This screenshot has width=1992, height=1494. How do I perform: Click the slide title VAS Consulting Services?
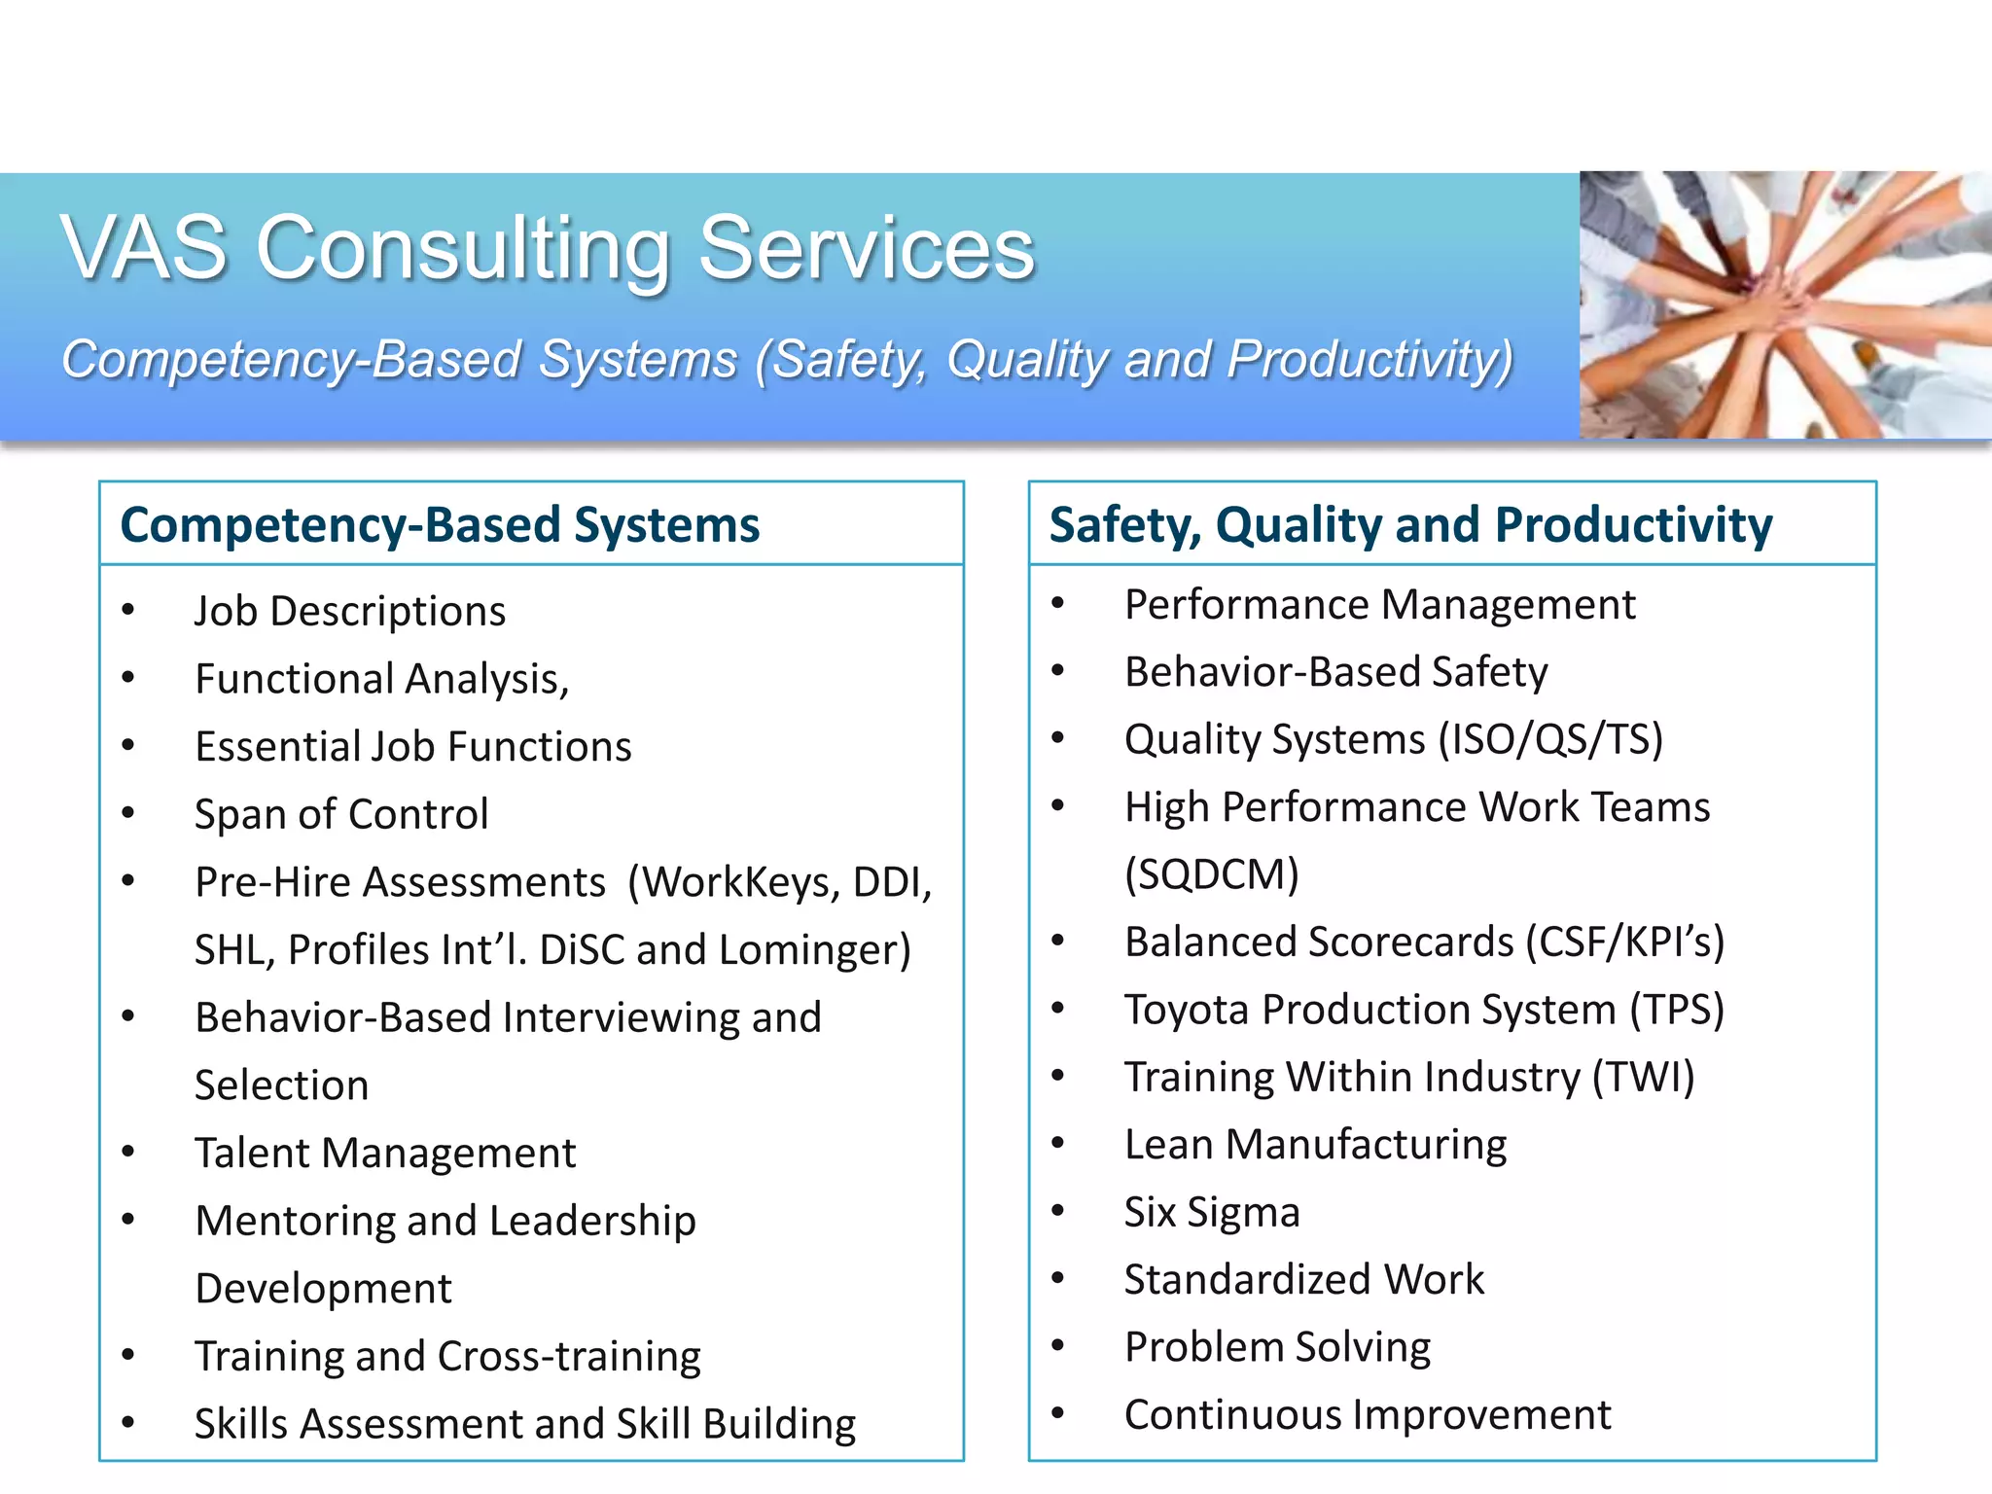(x=548, y=248)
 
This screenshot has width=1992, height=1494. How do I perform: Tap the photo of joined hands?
(x=1785, y=304)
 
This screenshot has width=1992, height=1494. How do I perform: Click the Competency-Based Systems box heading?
(x=440, y=525)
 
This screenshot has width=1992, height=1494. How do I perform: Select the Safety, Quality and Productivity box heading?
(x=1410, y=525)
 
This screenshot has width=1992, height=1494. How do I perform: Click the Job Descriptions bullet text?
(x=350, y=611)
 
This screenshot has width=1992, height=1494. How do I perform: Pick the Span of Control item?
(x=341, y=814)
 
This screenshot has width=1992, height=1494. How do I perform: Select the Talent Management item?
(x=385, y=1153)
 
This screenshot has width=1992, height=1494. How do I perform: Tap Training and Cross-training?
(x=447, y=1356)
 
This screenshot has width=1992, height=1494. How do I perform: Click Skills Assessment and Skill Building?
(x=525, y=1424)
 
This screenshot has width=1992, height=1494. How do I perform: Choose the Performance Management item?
(x=1379, y=605)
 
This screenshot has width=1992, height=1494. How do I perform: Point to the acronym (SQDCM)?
(x=1212, y=874)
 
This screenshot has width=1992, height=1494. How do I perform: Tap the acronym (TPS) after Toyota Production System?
(x=1677, y=1010)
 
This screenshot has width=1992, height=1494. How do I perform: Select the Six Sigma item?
(x=1212, y=1213)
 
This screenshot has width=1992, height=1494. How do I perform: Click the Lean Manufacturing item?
(x=1315, y=1145)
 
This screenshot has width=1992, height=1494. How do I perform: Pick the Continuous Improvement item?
(x=1368, y=1415)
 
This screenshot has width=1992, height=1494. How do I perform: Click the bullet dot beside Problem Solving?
(x=1058, y=1346)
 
